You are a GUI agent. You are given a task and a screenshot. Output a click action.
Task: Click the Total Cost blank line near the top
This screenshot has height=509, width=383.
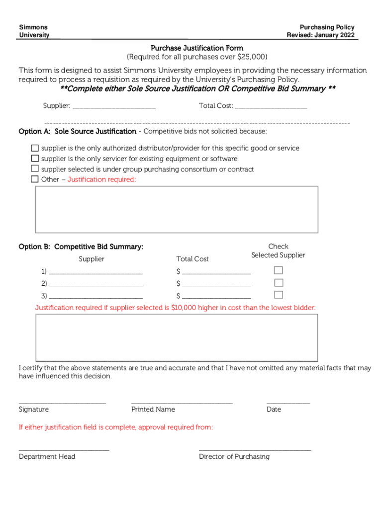pos(271,106)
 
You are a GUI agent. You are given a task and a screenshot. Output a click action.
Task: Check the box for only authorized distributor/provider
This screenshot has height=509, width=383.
pos(35,148)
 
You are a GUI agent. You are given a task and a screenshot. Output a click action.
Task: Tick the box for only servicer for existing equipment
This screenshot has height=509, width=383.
pos(35,159)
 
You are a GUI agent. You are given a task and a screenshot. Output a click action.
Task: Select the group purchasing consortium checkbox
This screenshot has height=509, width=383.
pos(35,169)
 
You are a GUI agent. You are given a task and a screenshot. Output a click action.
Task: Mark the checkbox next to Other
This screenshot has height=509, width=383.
pos(35,179)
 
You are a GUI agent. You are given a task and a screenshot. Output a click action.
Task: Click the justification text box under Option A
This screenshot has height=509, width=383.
pos(177,209)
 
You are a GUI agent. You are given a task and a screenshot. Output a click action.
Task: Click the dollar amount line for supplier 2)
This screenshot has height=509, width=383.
pos(216,284)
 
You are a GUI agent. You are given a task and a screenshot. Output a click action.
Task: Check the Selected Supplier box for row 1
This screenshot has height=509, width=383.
pos(279,270)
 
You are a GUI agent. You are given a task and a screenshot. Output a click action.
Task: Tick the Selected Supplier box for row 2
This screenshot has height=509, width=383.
pos(279,283)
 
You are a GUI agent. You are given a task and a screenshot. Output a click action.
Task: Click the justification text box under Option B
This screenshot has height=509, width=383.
pos(177,337)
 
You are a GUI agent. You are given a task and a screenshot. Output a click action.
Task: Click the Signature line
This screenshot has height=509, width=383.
pos(62,402)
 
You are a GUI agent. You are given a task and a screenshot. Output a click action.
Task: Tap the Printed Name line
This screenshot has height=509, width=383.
pos(182,402)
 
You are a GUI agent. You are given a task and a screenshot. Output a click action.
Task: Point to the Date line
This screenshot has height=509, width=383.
pos(288,402)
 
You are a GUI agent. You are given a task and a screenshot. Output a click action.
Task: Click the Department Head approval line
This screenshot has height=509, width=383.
pos(64,449)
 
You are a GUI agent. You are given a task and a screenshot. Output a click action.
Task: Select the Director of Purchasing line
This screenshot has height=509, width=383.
pos(255,449)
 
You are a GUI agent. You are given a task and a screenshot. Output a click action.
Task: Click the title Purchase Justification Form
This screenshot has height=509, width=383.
pos(197,48)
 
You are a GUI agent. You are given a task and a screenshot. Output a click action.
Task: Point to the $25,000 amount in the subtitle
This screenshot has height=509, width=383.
pos(250,57)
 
